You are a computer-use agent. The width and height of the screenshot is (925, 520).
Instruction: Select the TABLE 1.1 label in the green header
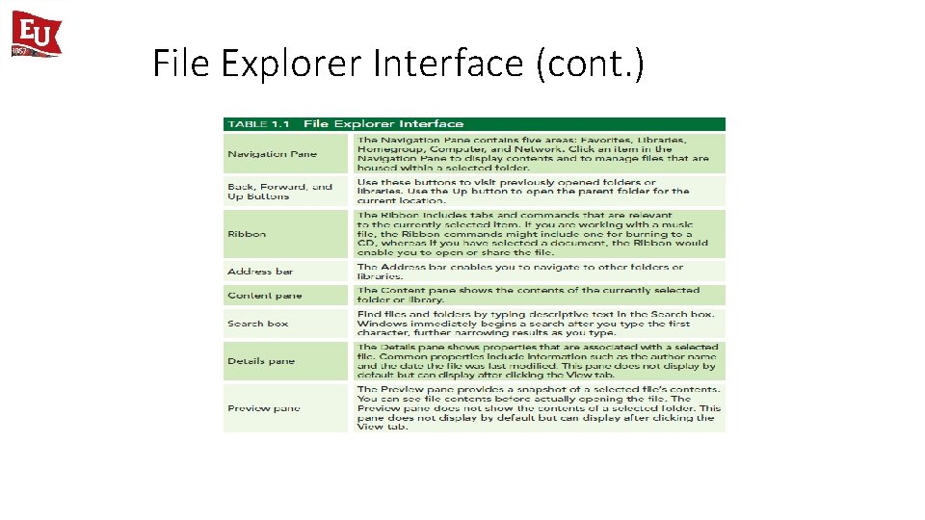click(x=260, y=123)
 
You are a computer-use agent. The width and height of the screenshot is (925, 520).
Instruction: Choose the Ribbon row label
click(x=247, y=234)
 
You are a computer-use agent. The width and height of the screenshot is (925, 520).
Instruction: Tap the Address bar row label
click(x=260, y=272)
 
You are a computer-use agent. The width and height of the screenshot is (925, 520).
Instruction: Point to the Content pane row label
click(x=264, y=296)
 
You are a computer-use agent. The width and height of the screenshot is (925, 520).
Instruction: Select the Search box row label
click(x=257, y=324)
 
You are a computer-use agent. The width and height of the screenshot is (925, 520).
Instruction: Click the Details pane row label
click(x=261, y=361)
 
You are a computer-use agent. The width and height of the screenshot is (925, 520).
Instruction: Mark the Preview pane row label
click(x=263, y=408)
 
